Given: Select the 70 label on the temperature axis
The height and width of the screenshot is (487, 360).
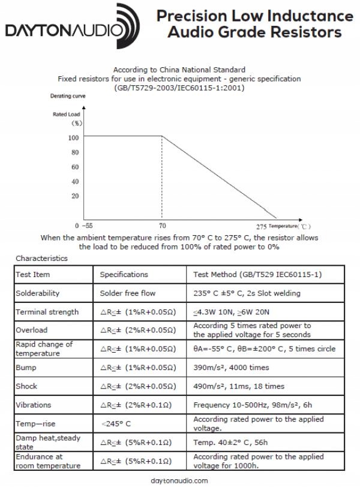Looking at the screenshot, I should [x=162, y=226].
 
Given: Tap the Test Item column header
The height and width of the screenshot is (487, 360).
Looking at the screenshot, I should [x=34, y=275].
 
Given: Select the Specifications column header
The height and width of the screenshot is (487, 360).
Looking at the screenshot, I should [x=124, y=275].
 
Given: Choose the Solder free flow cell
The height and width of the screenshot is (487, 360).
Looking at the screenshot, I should [x=127, y=293].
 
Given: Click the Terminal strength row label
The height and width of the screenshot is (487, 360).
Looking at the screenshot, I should [x=47, y=312].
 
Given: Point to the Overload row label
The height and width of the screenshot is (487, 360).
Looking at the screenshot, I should [x=32, y=330].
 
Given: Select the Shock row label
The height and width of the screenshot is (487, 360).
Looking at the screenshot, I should [x=28, y=386].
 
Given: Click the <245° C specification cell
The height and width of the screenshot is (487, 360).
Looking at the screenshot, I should [x=117, y=423].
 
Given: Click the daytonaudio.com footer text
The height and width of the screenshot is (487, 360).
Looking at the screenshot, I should [x=180, y=480].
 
